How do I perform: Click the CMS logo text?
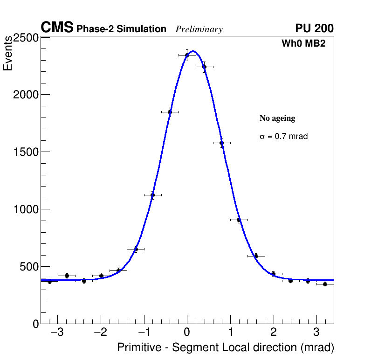(x=57, y=28)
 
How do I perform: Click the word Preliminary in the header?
(x=199, y=29)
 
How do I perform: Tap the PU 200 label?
(x=314, y=28)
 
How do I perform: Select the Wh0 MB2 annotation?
(x=303, y=43)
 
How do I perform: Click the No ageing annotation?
(x=277, y=118)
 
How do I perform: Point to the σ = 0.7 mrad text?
(x=284, y=137)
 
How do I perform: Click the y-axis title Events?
(x=8, y=54)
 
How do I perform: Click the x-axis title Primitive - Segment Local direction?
(x=226, y=347)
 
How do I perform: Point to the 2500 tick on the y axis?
(x=25, y=38)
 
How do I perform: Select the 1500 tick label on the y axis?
(x=25, y=152)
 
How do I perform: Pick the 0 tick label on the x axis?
(x=187, y=333)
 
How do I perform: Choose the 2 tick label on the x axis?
(x=274, y=333)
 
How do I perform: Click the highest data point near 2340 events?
(x=187, y=55)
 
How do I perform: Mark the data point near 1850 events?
(x=170, y=112)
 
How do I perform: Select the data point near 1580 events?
(x=221, y=143)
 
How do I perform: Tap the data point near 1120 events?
(x=152, y=195)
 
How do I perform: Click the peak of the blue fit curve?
(x=193, y=51)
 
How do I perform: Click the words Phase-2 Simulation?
(x=121, y=29)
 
